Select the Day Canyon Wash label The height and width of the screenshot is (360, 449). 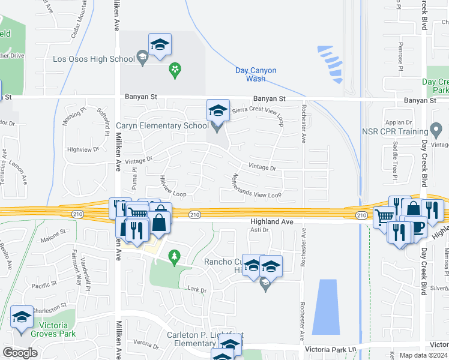256,74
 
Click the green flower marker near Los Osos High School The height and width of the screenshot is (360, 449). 175,71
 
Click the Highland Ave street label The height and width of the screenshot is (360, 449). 272,221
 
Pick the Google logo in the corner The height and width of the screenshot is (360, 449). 20,352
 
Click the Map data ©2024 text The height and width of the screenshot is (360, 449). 424,355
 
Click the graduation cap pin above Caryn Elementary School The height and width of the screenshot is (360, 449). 218,110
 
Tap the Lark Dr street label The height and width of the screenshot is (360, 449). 197,290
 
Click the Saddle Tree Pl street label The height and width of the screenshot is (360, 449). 395,160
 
